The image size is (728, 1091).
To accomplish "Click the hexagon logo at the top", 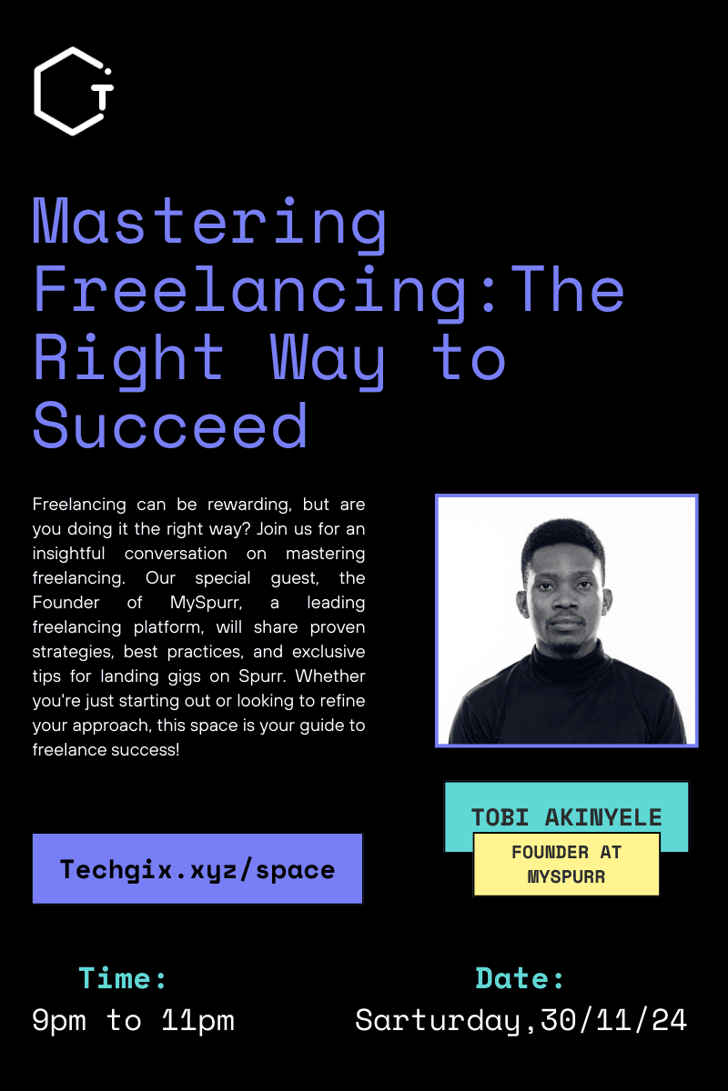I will click(x=73, y=91).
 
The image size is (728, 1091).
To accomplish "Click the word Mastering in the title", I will click(x=210, y=223).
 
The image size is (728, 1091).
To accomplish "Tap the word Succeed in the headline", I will click(x=170, y=425).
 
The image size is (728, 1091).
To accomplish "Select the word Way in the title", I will click(x=329, y=357).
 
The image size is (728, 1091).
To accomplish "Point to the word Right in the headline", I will click(x=128, y=357).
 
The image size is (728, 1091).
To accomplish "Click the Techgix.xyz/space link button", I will click(x=197, y=869).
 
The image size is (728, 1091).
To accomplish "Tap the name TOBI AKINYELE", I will click(x=566, y=816).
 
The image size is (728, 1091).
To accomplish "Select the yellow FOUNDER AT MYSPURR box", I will click(x=566, y=865).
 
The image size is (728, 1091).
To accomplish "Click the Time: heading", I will click(x=124, y=978).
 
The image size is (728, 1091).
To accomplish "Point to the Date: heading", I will click(x=521, y=978).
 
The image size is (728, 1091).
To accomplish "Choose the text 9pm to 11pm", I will click(x=133, y=1020).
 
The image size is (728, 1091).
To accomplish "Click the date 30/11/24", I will click(x=613, y=1020).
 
